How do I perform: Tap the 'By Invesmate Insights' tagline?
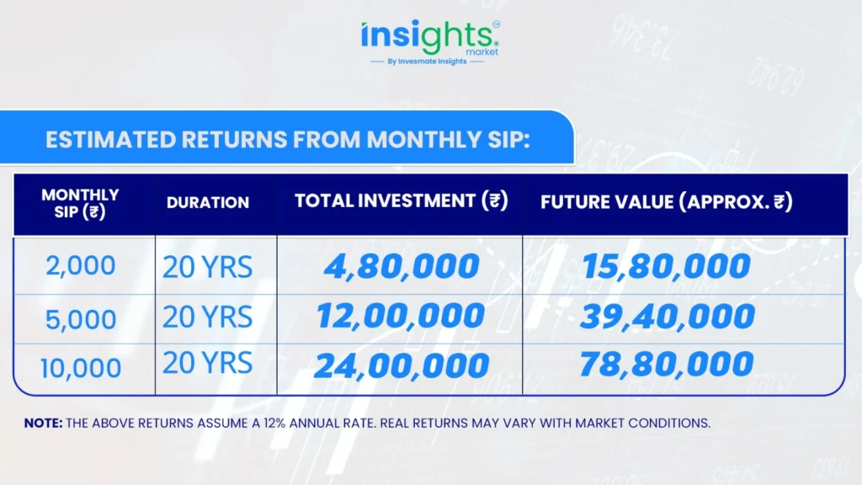pyautogui.click(x=427, y=61)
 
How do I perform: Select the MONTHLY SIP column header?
pyautogui.click(x=80, y=204)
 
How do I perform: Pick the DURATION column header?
pyautogui.click(x=208, y=202)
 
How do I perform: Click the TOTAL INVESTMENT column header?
pyautogui.click(x=402, y=200)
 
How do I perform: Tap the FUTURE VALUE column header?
pyautogui.click(x=667, y=202)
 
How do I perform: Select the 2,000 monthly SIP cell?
pyautogui.click(x=81, y=265)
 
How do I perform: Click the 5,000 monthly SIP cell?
pyautogui.click(x=81, y=319)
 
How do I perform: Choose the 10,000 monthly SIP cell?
pyautogui.click(x=81, y=368)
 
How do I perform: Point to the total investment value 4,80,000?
pyautogui.click(x=402, y=266)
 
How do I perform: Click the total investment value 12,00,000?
pyautogui.click(x=401, y=317)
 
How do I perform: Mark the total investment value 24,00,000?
pyautogui.click(x=402, y=365)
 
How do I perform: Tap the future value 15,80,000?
pyautogui.click(x=667, y=266)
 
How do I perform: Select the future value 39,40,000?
pyautogui.click(x=668, y=317)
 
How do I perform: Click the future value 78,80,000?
pyautogui.click(x=667, y=364)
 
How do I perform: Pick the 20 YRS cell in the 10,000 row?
pyautogui.click(x=207, y=363)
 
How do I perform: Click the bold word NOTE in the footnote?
pyautogui.click(x=44, y=423)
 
